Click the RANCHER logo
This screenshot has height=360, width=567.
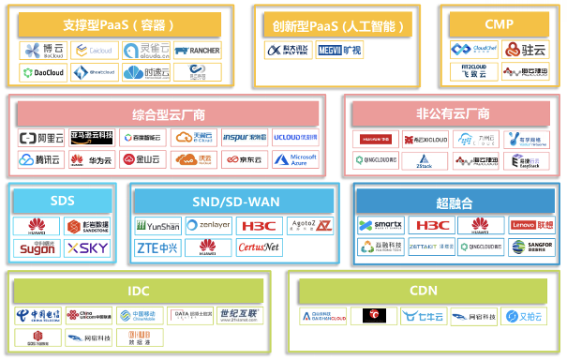coord(196,49)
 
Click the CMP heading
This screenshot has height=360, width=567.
coord(500,23)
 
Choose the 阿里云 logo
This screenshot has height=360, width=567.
coord(41,138)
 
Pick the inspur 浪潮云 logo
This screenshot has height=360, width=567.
coord(245,138)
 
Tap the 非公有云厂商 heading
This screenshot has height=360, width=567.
coord(454,113)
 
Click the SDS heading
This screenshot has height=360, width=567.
coord(61,202)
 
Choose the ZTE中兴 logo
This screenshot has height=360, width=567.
coord(157,247)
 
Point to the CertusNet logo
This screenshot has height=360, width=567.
coord(259,247)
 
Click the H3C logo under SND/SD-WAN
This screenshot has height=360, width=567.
coord(259,226)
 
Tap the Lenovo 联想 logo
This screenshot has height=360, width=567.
coord(532,226)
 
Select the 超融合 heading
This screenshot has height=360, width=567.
coord(455,202)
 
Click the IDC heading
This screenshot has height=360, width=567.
coord(139,292)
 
